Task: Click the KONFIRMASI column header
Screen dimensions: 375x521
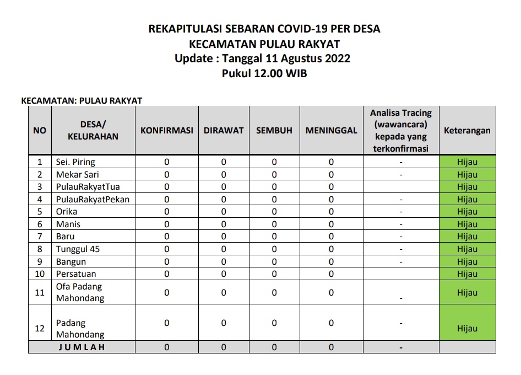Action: click(167, 131)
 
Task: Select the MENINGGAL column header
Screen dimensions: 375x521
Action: click(331, 131)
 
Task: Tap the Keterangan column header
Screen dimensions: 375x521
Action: click(467, 131)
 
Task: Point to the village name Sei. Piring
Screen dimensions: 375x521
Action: click(75, 162)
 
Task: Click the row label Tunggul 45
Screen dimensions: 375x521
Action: click(78, 249)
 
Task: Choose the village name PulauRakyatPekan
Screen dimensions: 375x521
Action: click(93, 200)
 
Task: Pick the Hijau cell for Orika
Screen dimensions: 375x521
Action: click(467, 212)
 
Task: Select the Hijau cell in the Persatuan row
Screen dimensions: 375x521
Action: click(467, 274)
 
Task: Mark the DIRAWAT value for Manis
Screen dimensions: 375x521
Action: click(224, 224)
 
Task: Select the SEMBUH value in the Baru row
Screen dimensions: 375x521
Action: click(274, 237)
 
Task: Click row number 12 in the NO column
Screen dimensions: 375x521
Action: click(40, 329)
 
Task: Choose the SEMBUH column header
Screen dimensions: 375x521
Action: click(274, 131)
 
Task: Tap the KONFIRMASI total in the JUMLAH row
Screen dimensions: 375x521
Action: click(167, 348)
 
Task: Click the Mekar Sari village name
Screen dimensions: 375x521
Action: click(77, 175)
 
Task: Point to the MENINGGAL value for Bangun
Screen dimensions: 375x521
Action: click(331, 262)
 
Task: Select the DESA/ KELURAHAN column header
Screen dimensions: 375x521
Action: click(93, 131)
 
